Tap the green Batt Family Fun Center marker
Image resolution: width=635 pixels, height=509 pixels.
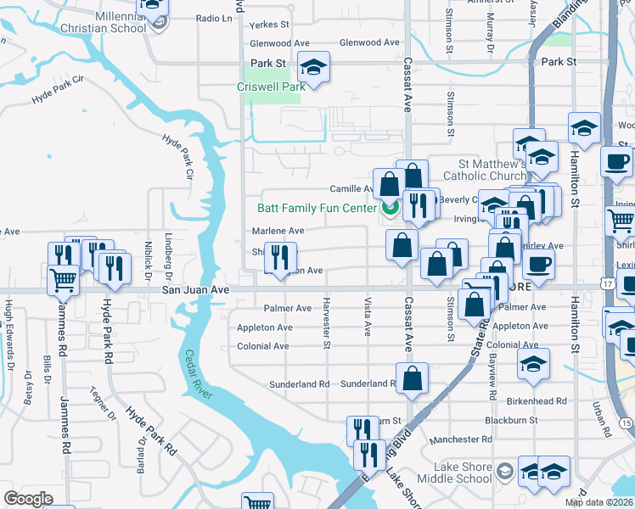point(391,206)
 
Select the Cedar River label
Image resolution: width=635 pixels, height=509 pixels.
point(199,378)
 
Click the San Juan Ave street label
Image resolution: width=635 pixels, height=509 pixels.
point(196,290)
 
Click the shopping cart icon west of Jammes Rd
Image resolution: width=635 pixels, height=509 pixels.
point(64,279)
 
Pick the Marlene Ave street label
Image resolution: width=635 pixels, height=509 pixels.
point(278,231)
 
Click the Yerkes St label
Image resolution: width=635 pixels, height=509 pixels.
point(269,25)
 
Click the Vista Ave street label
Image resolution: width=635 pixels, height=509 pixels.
point(368,316)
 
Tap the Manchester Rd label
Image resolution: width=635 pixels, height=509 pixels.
point(461,439)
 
